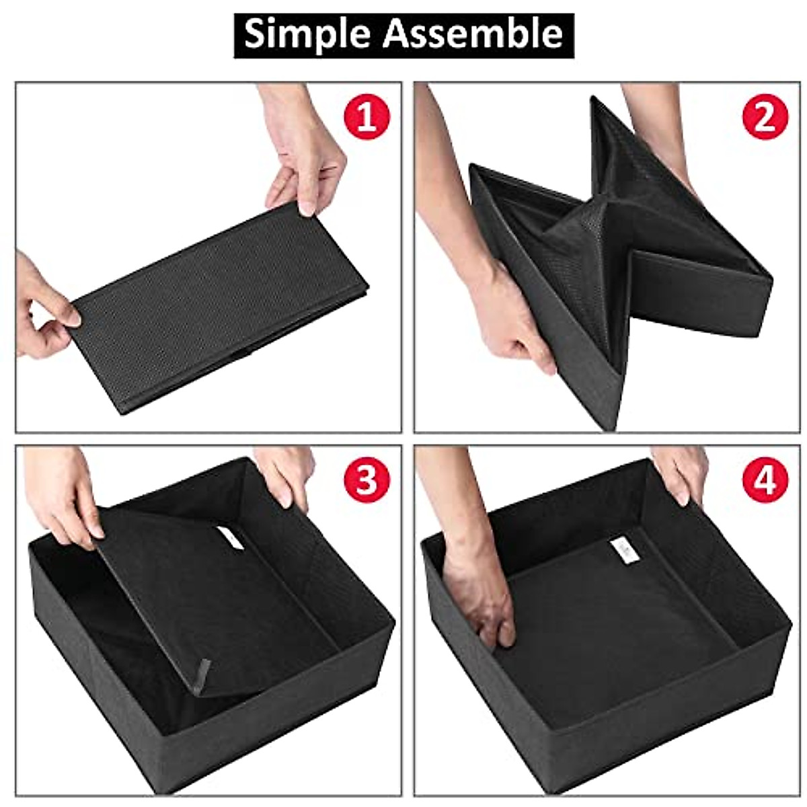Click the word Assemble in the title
(x=473, y=34)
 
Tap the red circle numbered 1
(x=367, y=117)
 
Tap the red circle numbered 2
(x=765, y=117)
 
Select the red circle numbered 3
(x=367, y=480)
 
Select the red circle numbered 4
(x=765, y=480)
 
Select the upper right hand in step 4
(x=683, y=471)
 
